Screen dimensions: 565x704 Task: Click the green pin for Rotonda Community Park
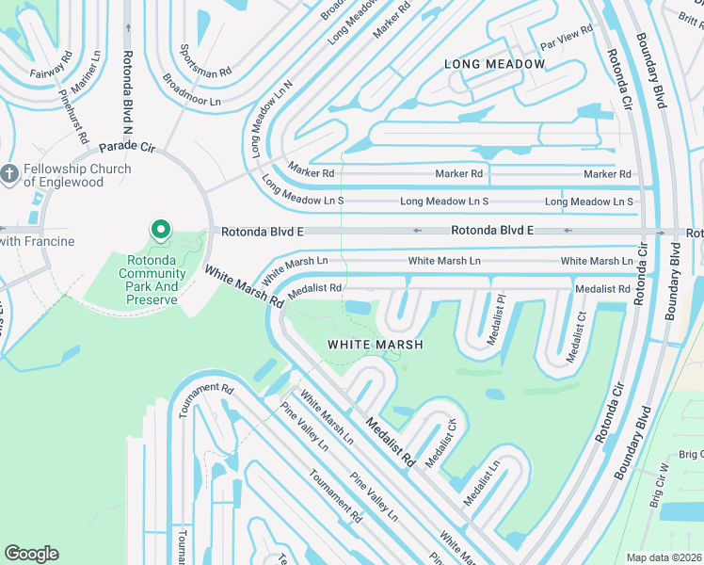[161, 229]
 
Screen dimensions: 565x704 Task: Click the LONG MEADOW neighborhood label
[494, 64]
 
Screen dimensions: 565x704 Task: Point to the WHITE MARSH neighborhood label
[375, 345]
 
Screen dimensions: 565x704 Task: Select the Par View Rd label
[565, 38]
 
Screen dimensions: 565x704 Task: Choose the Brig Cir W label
[659, 486]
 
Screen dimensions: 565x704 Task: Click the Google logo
[31, 554]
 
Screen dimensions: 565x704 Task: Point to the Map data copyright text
[664, 557]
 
